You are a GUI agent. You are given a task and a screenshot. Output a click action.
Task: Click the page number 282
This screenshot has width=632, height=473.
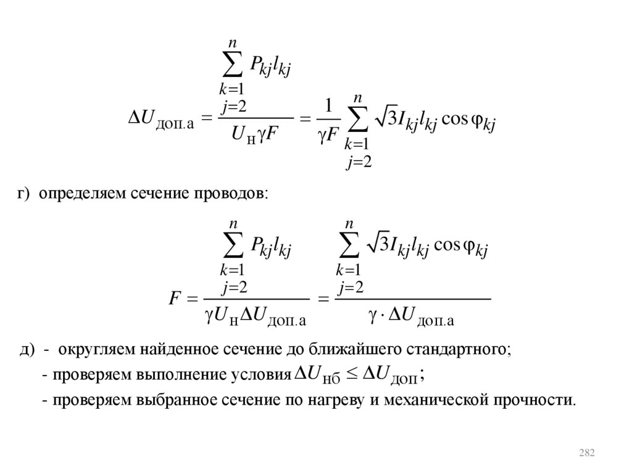587,454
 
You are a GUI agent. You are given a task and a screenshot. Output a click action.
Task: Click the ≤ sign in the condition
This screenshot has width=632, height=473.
351,374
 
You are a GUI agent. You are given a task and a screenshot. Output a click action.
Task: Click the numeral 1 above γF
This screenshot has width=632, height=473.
329,102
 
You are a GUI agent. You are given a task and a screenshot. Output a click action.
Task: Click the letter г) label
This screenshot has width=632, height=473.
23,194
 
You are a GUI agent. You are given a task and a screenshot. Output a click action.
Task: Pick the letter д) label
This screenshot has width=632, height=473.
26,350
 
